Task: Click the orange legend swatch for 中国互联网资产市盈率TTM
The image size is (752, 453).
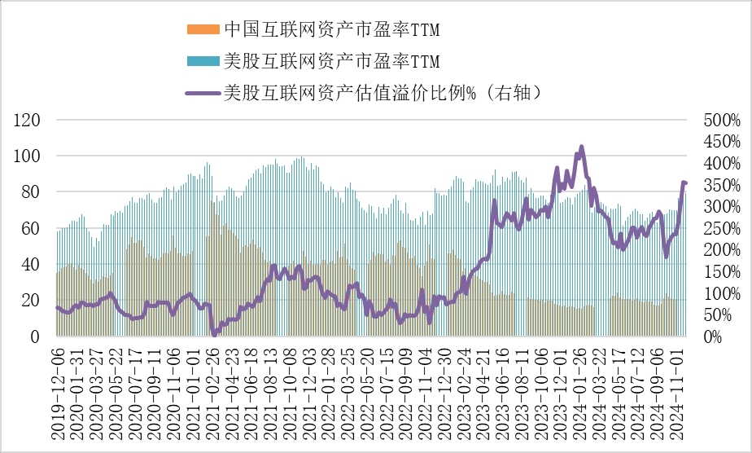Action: pyautogui.click(x=203, y=30)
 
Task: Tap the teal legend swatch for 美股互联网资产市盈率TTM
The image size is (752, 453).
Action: pyautogui.click(x=203, y=61)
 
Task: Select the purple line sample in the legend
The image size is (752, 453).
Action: pyautogui.click(x=203, y=93)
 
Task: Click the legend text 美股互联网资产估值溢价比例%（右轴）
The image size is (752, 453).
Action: pyautogui.click(x=382, y=93)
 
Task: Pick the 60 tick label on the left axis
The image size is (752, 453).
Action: pyautogui.click(x=32, y=229)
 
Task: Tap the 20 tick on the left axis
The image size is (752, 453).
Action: pyautogui.click(x=32, y=301)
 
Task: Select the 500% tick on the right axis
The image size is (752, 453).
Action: pyautogui.click(x=721, y=121)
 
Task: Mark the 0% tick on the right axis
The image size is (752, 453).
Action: pyautogui.click(x=712, y=336)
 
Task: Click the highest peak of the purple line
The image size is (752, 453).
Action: pyautogui.click(x=581, y=147)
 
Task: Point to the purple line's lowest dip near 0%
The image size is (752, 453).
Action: pyautogui.click(x=214, y=333)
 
